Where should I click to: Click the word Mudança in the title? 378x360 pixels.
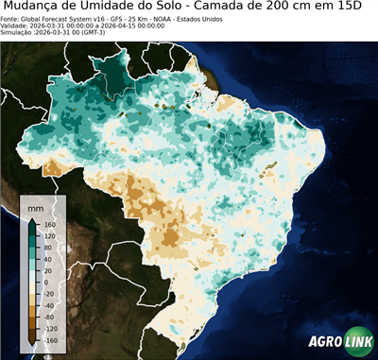tap(36, 8)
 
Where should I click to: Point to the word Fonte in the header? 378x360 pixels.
tap(10, 19)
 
